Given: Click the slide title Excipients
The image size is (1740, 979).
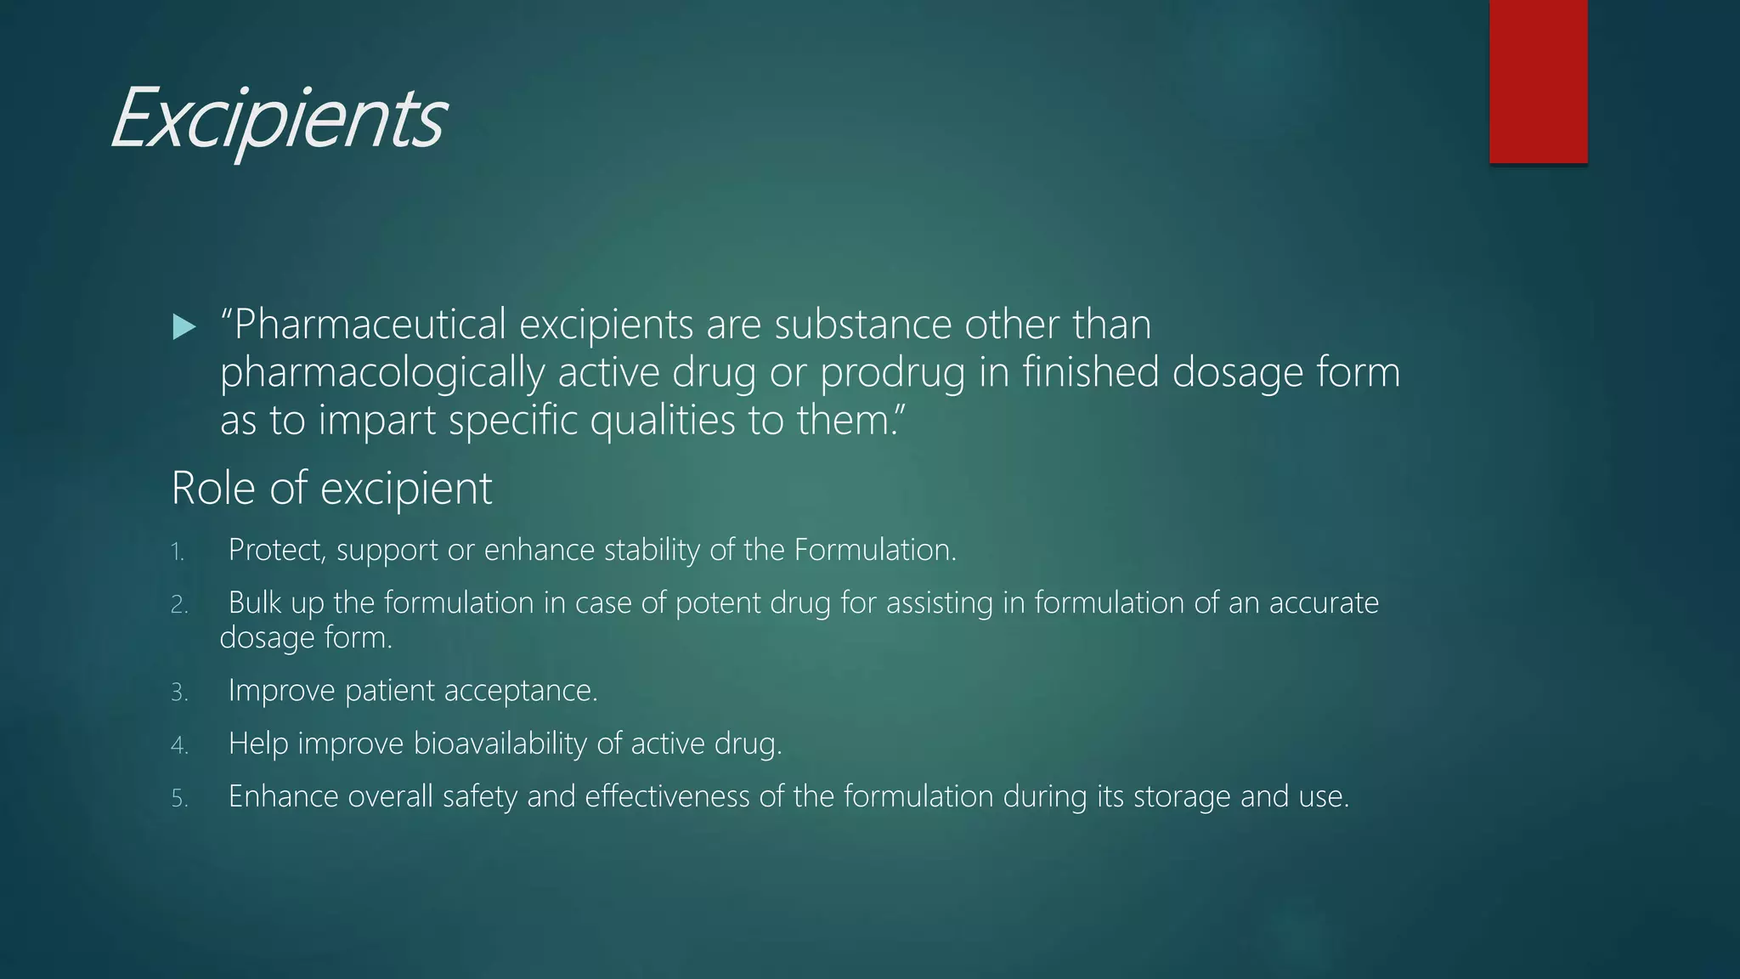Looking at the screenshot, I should (277, 119).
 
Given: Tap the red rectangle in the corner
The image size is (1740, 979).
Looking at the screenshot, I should (1538, 82).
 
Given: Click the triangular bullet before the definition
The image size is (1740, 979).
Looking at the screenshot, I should (184, 326).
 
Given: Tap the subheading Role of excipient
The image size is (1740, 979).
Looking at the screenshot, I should (331, 489).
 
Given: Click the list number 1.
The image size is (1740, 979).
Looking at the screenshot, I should (177, 552).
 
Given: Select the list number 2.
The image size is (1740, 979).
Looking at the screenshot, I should (178, 605).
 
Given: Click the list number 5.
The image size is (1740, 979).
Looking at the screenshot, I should (178, 799).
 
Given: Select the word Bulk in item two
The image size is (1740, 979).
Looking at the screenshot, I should (255, 603).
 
